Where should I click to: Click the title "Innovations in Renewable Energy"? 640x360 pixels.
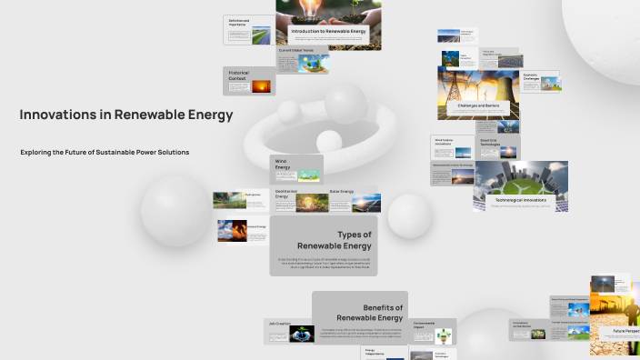[126, 115]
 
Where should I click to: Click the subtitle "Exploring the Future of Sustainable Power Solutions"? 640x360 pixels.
[105, 152]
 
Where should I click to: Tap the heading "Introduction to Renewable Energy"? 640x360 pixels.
[329, 32]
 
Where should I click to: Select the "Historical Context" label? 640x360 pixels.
[237, 75]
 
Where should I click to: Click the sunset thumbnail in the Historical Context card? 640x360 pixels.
[262, 86]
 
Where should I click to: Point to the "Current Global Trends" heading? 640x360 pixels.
[296, 50]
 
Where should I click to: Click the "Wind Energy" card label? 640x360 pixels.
[283, 164]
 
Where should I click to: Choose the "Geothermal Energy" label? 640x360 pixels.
[286, 194]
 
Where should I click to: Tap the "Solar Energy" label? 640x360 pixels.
[341, 192]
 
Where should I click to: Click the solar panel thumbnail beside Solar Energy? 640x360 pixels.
[366, 201]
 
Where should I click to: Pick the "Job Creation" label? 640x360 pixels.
[278, 323]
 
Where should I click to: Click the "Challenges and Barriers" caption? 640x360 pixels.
[479, 105]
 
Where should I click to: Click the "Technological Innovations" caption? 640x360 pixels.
[520, 199]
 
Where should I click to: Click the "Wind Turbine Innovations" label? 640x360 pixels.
[443, 142]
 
